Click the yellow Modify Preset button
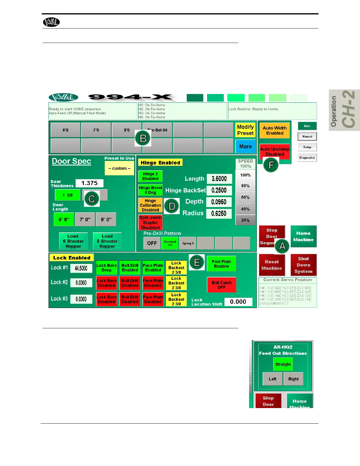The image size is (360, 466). [245, 130]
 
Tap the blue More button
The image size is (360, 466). [245, 147]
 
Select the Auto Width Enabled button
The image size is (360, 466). [275, 131]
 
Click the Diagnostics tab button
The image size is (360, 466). [307, 158]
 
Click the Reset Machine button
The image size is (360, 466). [272, 265]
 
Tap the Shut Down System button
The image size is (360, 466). [304, 265]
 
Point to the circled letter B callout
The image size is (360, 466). [143, 138]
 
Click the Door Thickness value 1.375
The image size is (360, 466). [89, 183]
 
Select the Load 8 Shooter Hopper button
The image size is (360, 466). [107, 241]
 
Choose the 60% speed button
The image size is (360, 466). [245, 197]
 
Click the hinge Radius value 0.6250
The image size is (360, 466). [219, 214]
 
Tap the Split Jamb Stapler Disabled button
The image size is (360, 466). [150, 223]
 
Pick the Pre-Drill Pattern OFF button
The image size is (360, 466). [152, 243]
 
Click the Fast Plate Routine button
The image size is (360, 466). [221, 264]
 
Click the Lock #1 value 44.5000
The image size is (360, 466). [81, 268]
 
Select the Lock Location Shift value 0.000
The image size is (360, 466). [238, 302]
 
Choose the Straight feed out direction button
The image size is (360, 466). [283, 365]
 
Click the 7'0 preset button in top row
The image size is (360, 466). [96, 130]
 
